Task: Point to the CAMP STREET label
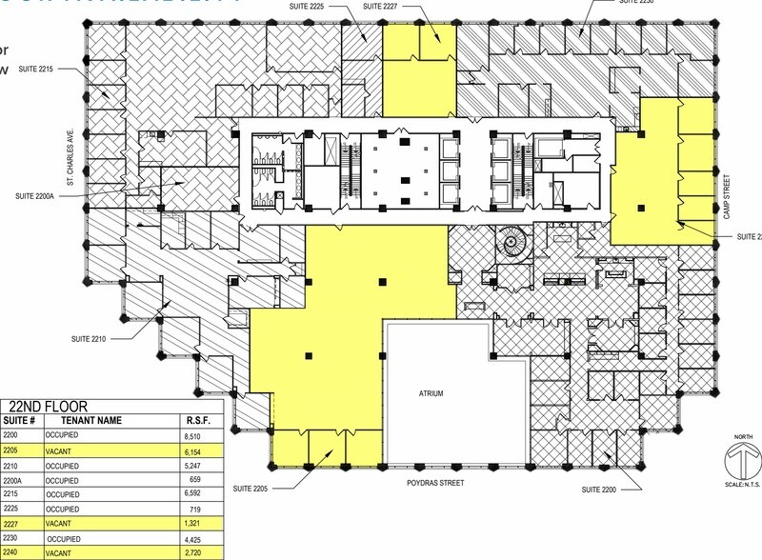[725, 195]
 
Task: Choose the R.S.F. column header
[194, 419]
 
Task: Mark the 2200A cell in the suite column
[13, 480]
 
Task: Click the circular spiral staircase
[515, 243]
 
